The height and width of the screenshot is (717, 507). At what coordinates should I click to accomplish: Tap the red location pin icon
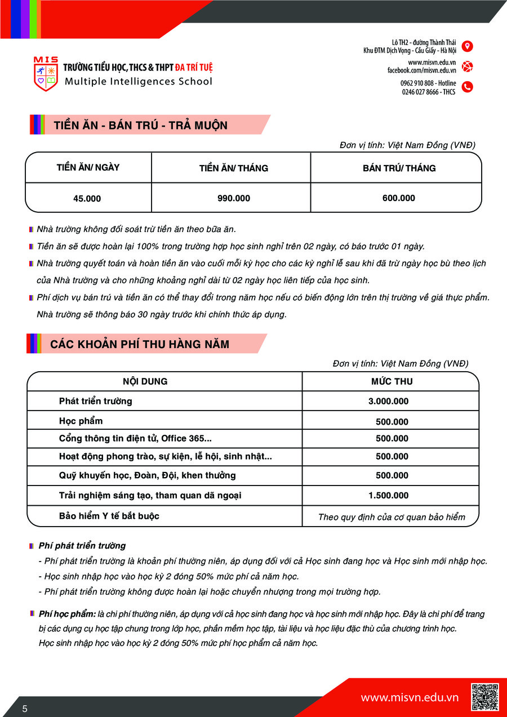[x=467, y=46]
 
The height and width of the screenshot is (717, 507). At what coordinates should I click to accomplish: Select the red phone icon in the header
[x=467, y=87]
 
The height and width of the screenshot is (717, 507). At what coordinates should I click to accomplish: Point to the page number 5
[x=25, y=709]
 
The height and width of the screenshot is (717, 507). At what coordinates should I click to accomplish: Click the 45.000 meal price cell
[x=87, y=198]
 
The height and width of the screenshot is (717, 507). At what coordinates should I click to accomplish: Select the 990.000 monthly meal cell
[x=234, y=198]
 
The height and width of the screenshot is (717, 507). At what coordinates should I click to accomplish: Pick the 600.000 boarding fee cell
[x=398, y=198]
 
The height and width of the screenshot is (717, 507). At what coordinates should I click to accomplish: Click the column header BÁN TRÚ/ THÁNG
[x=399, y=168]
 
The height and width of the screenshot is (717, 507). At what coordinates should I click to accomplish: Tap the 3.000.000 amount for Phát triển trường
[x=388, y=401]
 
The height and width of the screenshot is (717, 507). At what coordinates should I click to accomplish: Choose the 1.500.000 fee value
[x=388, y=496]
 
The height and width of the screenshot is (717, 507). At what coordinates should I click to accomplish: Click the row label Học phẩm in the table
[x=81, y=421]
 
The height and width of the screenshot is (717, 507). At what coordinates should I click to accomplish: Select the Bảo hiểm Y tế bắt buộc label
[x=109, y=515]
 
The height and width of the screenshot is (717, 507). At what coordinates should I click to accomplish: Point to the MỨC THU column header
[x=392, y=381]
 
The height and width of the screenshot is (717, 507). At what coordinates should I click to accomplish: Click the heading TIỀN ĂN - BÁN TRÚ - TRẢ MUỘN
[x=141, y=125]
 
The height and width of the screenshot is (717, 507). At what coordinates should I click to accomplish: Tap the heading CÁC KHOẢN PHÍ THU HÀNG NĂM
[x=140, y=344]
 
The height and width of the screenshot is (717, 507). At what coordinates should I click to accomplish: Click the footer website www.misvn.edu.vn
[x=410, y=698]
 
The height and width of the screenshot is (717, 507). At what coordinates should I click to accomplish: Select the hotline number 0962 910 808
[x=418, y=83]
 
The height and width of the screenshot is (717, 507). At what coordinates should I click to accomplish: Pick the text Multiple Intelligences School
[x=139, y=81]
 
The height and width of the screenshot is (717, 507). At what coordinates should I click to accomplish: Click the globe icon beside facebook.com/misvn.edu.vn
[x=467, y=66]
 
